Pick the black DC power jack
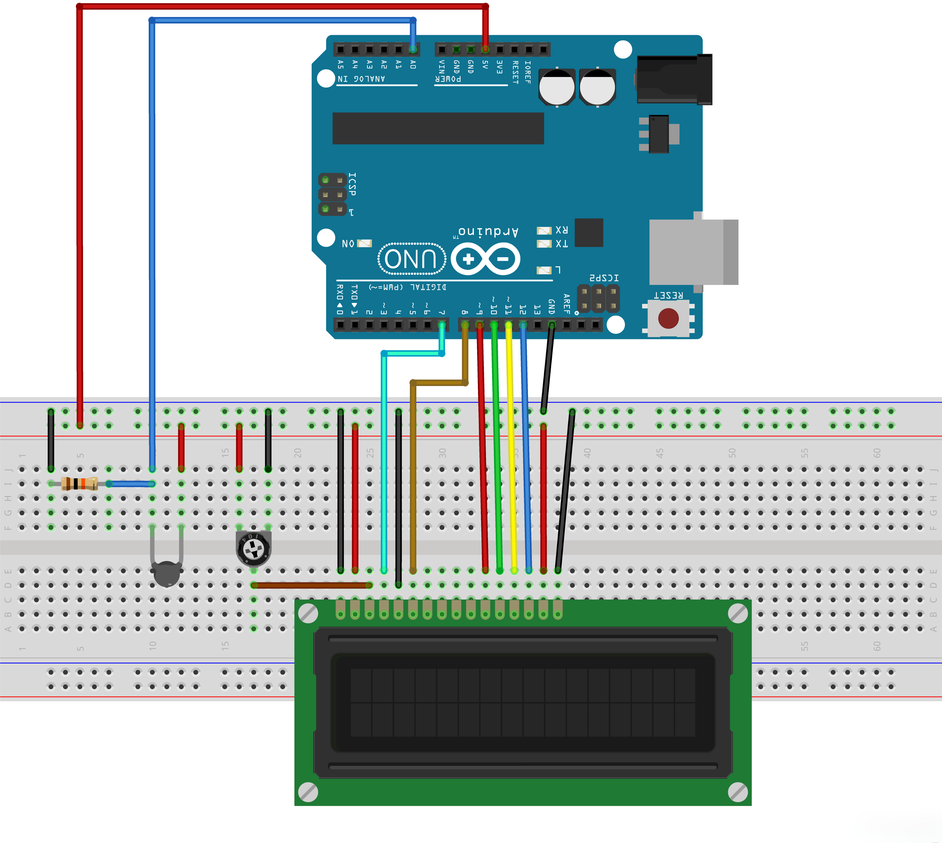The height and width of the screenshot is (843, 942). (x=674, y=80)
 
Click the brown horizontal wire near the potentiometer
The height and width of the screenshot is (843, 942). (x=311, y=585)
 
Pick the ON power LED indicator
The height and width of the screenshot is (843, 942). (x=365, y=243)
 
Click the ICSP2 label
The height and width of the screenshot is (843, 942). (x=604, y=278)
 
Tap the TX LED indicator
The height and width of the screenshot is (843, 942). (x=544, y=244)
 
